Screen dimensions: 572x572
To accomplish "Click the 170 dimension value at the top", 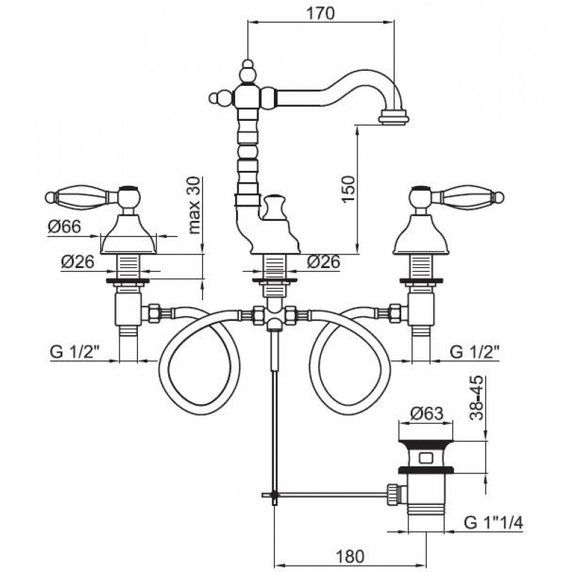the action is pyautogui.click(x=320, y=14).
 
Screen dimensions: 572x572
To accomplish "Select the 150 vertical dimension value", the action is pyautogui.click(x=348, y=189).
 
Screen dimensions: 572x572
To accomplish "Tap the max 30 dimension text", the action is pyautogui.click(x=194, y=205).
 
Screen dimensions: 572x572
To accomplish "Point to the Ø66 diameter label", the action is pyautogui.click(x=64, y=227).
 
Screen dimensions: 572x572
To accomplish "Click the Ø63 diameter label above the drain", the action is pyautogui.click(x=426, y=413).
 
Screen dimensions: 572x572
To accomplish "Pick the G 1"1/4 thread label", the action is pyautogui.click(x=493, y=523).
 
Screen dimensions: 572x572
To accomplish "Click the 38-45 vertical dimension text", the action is pyautogui.click(x=476, y=398).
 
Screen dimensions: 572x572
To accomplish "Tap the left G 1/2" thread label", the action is pyautogui.click(x=75, y=352).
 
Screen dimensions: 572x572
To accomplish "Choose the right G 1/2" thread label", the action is pyautogui.click(x=475, y=352).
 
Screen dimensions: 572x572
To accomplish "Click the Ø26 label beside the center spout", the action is pyautogui.click(x=324, y=262).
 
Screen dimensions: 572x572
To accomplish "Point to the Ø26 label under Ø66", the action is pyautogui.click(x=78, y=262).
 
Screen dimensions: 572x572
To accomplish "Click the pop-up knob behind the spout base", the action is pyautogui.click(x=275, y=207).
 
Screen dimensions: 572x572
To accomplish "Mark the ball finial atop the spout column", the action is pyautogui.click(x=247, y=72).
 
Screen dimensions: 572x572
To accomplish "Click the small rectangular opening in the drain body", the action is pyautogui.click(x=426, y=458).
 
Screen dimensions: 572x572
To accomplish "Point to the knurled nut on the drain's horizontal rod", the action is pyautogui.click(x=392, y=494).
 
